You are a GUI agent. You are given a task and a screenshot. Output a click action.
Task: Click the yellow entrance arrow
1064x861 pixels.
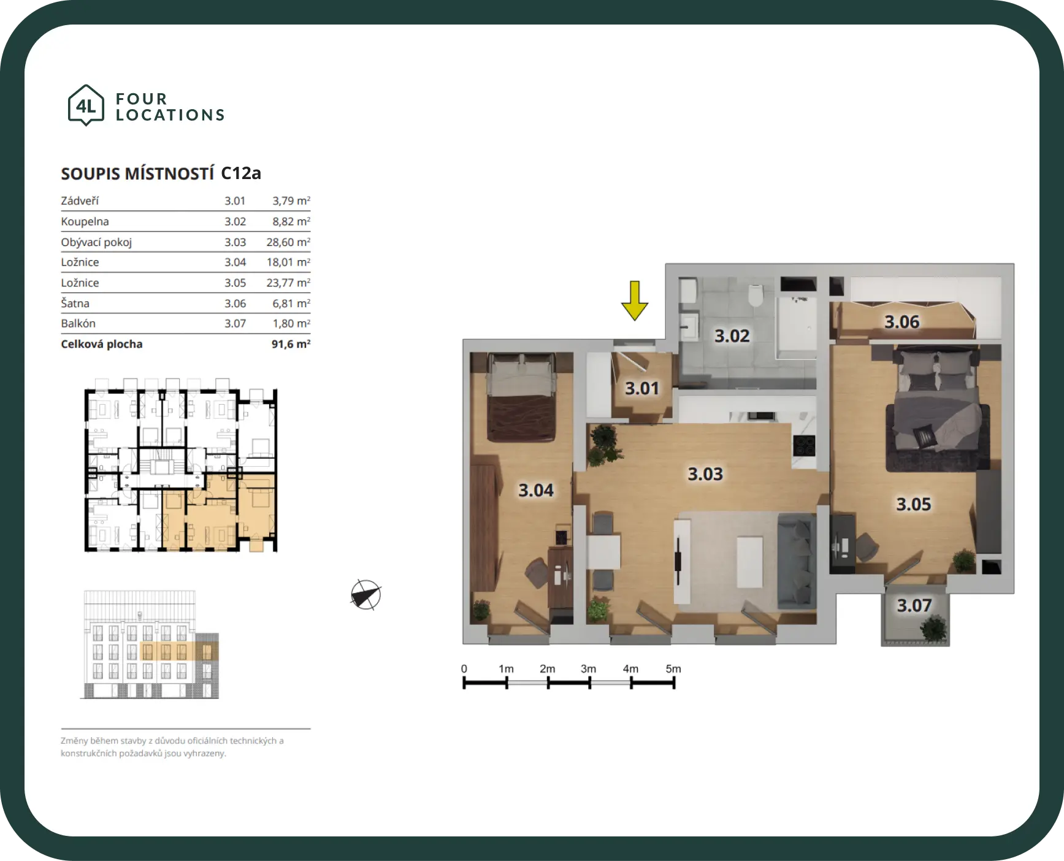[635, 300]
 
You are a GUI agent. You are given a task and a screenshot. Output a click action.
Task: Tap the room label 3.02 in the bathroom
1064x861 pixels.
[732, 336]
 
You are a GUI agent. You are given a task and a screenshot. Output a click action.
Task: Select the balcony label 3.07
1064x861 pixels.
[914, 605]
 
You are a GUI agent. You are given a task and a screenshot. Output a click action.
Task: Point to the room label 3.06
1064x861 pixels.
[901, 322]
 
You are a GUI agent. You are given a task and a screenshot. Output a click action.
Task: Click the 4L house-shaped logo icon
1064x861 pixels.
[86, 105]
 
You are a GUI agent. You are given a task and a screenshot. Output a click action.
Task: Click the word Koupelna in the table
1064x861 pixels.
[85, 221]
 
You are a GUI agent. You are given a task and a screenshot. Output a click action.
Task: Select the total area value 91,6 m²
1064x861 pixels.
[291, 344]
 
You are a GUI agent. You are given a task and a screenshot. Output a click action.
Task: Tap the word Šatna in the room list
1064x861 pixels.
[75, 303]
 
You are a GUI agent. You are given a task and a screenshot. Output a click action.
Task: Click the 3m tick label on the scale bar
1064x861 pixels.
[588, 668]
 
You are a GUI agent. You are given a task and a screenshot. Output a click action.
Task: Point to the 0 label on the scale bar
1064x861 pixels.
[464, 668]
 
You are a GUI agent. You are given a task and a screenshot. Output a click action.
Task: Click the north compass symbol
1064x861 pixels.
[366, 595]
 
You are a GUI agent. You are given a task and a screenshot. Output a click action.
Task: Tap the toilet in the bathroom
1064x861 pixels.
[756, 295]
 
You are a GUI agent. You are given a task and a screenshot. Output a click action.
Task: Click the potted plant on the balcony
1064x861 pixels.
[933, 629]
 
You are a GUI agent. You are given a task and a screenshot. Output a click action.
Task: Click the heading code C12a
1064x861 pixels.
[241, 174]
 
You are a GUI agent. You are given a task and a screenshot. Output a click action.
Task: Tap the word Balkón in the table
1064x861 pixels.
[78, 323]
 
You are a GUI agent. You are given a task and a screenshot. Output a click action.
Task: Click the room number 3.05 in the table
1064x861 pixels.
[235, 283]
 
